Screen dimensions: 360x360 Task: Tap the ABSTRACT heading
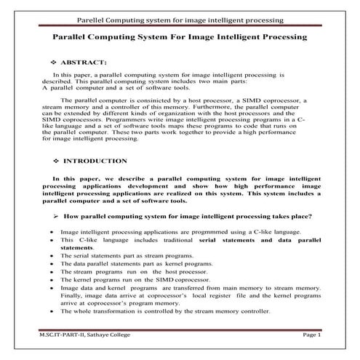[x=85, y=63]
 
